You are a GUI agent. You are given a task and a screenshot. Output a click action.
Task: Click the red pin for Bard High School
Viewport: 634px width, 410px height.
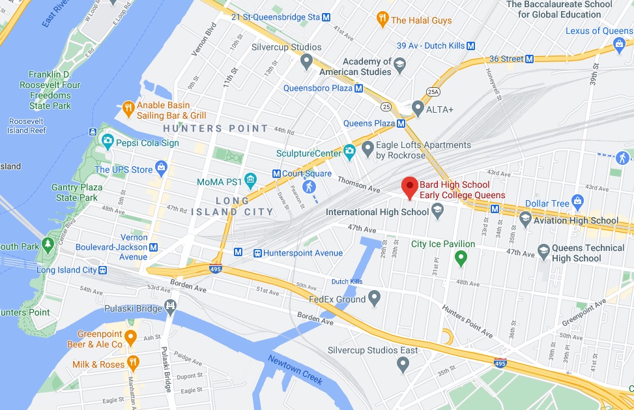pyautogui.click(x=409, y=187)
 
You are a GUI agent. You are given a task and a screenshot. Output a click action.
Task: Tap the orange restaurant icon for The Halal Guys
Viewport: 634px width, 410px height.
pyautogui.click(x=382, y=20)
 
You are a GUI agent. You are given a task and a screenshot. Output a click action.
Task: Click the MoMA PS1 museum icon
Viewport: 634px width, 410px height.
pyautogui.click(x=250, y=181)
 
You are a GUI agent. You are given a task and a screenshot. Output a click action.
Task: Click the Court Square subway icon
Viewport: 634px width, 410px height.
pyautogui.click(x=276, y=174)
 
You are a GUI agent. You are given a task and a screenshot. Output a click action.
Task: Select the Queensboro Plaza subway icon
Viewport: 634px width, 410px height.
pyautogui.click(x=358, y=88)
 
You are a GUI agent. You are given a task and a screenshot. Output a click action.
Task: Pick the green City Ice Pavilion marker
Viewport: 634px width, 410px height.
pyautogui.click(x=461, y=258)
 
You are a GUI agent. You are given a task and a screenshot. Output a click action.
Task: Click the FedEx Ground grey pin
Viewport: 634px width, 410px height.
pyautogui.click(x=374, y=299)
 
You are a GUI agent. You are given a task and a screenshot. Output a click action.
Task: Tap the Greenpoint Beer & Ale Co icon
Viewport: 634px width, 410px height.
pyautogui.click(x=130, y=338)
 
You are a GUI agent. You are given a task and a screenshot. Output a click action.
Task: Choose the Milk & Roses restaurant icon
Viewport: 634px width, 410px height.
pyautogui.click(x=133, y=364)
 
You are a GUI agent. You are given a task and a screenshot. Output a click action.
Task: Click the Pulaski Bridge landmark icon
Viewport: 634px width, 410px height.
pyautogui.click(x=170, y=305)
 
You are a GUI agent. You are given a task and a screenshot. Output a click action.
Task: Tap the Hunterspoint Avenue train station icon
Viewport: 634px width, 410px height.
pyautogui.click(x=258, y=253)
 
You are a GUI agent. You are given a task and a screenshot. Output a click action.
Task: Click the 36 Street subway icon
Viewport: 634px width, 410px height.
pyautogui.click(x=529, y=59)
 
